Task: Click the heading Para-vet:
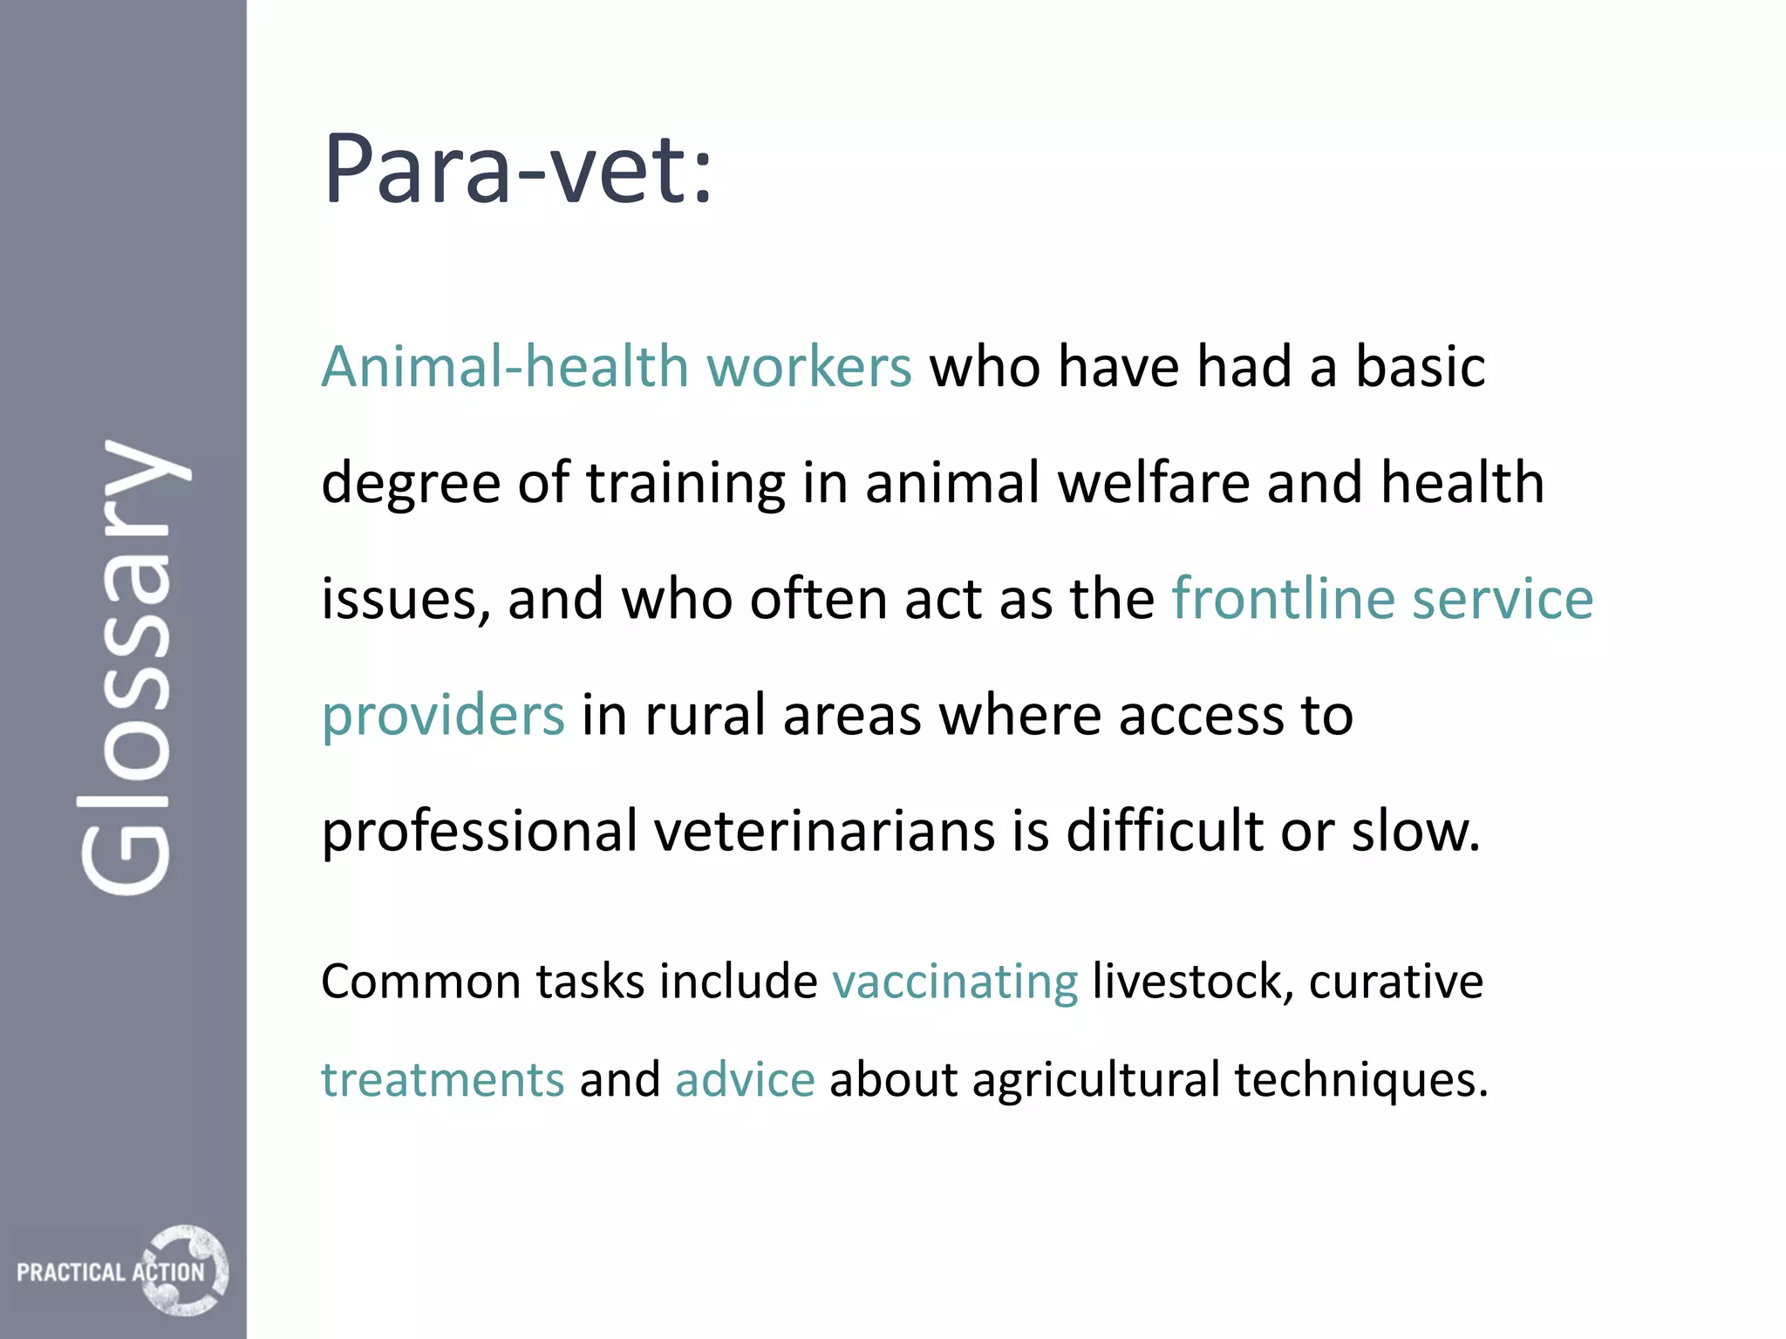517,169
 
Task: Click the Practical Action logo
122,1270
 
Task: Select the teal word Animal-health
505,366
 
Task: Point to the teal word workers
808,366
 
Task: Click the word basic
1420,366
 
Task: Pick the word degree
411,485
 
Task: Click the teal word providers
443,717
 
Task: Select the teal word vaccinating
955,982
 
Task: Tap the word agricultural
1095,1081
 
